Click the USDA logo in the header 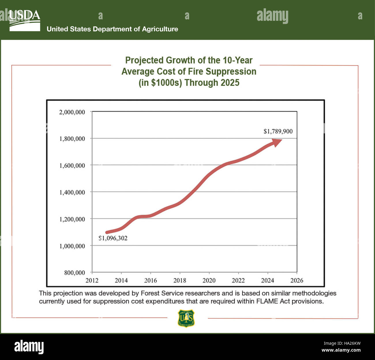tap(25, 20)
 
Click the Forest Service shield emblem tap(186, 318)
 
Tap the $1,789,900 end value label tap(278, 131)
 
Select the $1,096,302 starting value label tap(113, 238)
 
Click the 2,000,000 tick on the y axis tap(72, 112)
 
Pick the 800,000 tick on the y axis tap(74, 273)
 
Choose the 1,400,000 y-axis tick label tap(72, 192)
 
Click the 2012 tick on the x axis tap(92, 280)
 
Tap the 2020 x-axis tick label tap(209, 280)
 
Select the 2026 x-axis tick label tap(297, 280)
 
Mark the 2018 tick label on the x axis tap(179, 280)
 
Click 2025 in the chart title tap(230, 83)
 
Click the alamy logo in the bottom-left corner tap(29, 346)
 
